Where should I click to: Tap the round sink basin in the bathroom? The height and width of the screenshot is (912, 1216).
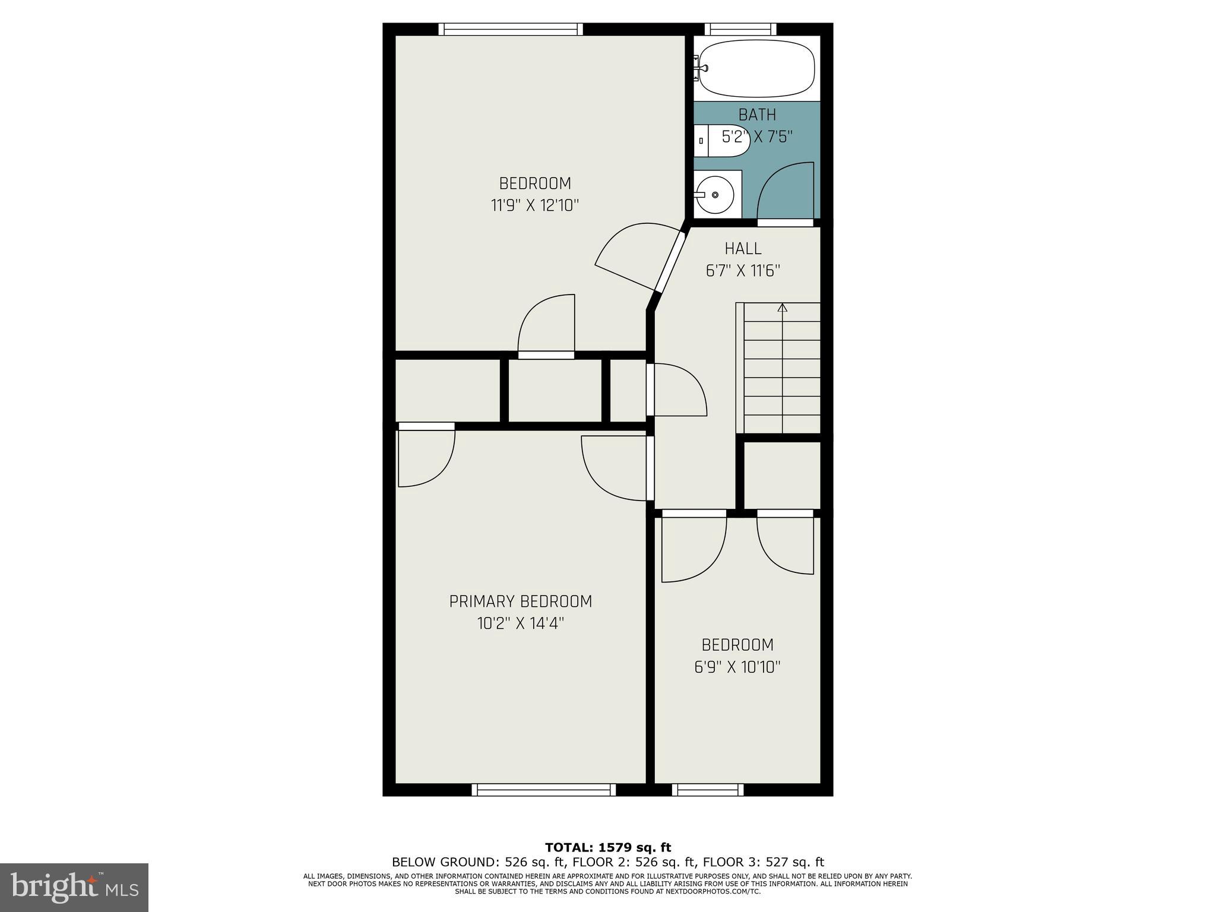pyautogui.click(x=715, y=195)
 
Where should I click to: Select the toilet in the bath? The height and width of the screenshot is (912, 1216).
pyautogui.click(x=721, y=141)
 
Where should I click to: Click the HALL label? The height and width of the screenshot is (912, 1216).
pyautogui.click(x=742, y=248)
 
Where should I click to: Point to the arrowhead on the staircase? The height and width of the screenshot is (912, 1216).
pyautogui.click(x=782, y=308)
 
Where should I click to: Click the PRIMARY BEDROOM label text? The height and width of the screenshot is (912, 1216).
pyautogui.click(x=520, y=601)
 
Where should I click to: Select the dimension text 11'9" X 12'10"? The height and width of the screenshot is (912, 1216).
pyautogui.click(x=534, y=205)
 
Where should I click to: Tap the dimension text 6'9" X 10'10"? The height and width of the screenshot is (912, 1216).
pyautogui.click(x=737, y=667)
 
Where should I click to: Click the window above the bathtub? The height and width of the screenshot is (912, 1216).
pyautogui.click(x=740, y=29)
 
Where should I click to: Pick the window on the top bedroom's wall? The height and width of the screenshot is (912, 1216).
pyautogui.click(x=511, y=29)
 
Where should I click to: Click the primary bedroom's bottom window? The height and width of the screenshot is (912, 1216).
pyautogui.click(x=543, y=790)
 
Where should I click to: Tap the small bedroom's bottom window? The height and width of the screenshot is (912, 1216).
pyautogui.click(x=708, y=790)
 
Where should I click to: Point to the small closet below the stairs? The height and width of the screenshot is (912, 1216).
pyautogui.click(x=782, y=475)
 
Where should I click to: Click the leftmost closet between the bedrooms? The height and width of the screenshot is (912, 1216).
pyautogui.click(x=447, y=390)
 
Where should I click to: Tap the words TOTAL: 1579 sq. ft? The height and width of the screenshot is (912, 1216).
pyautogui.click(x=607, y=847)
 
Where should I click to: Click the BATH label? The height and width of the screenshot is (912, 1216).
pyautogui.click(x=757, y=114)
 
